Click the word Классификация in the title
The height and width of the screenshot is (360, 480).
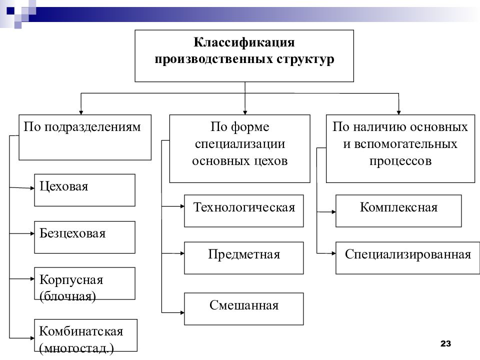tap(244, 42)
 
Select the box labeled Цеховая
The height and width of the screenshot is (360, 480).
tap(85, 190)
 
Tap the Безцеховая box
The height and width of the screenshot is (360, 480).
tap(85, 237)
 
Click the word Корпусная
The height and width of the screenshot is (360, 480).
tap(71, 280)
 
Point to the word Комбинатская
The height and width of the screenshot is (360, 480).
tap(81, 331)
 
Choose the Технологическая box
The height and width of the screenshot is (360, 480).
tap(243, 211)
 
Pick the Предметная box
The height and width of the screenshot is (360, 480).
tap(243, 258)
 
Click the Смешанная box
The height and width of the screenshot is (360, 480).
tap(243, 309)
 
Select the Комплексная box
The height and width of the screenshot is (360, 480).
tap(398, 211)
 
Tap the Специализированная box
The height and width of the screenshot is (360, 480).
tap(408, 258)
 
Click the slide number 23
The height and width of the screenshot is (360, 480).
tap(445, 343)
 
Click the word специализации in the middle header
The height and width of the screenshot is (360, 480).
tap(240, 144)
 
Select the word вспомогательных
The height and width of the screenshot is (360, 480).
tap(406, 144)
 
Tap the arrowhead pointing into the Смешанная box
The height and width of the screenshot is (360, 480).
tap(182, 312)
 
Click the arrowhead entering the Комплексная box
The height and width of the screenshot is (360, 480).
tap(334, 211)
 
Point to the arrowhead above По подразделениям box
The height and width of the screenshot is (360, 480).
tap(81, 112)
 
